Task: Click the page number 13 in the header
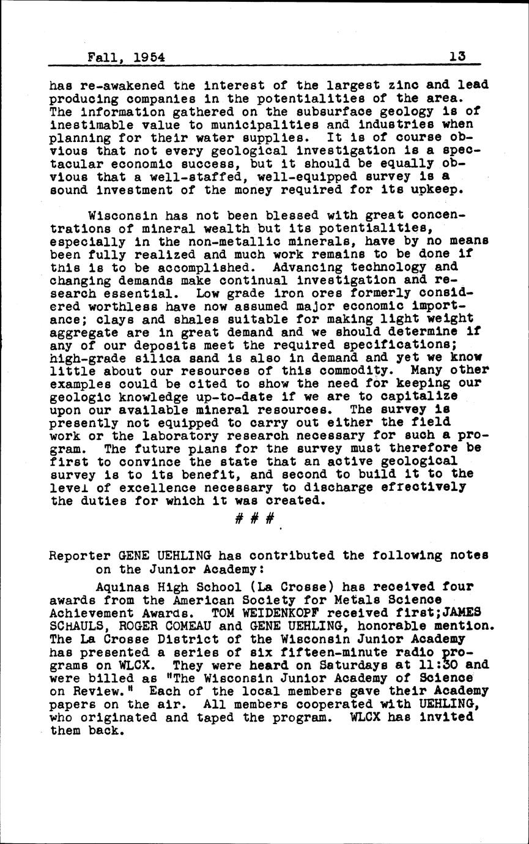click(x=456, y=56)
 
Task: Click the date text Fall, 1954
click(x=126, y=58)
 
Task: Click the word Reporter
click(x=78, y=556)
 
